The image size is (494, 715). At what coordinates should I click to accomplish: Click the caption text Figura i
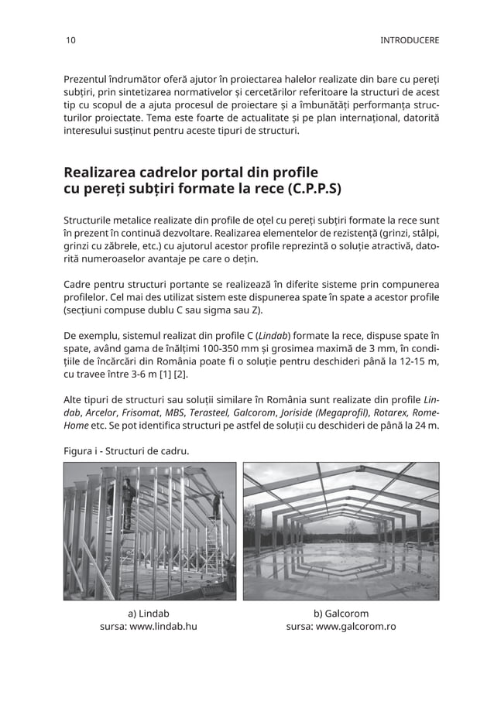pyautogui.click(x=84, y=451)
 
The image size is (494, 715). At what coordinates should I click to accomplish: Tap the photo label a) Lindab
pyautogui.click(x=148, y=613)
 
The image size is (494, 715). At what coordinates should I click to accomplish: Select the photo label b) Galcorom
pyautogui.click(x=341, y=613)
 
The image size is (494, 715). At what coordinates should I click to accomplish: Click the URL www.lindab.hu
pyautogui.click(x=163, y=627)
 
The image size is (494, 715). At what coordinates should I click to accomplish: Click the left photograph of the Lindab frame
pyautogui.click(x=149, y=531)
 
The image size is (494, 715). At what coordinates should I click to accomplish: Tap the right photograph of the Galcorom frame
pyautogui.click(x=341, y=531)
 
